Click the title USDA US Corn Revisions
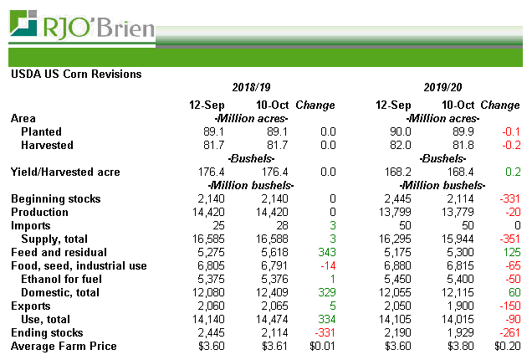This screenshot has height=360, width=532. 76,74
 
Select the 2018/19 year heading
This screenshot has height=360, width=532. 253,88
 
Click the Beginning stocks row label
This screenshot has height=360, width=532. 55,198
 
